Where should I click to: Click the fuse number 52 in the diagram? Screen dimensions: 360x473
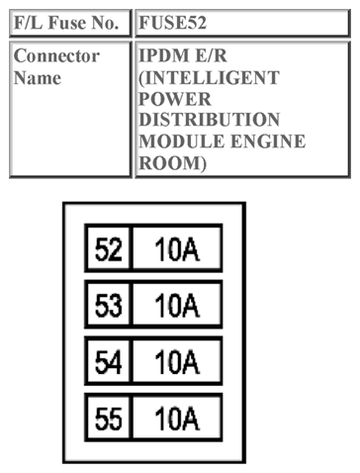(108, 247)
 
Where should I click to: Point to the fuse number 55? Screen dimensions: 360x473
(108, 420)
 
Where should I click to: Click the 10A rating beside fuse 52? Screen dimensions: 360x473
(177, 247)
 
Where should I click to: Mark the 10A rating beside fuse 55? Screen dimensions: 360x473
(177, 420)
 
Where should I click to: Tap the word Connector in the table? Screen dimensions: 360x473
(56, 56)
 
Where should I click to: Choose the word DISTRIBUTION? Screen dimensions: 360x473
(211, 121)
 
